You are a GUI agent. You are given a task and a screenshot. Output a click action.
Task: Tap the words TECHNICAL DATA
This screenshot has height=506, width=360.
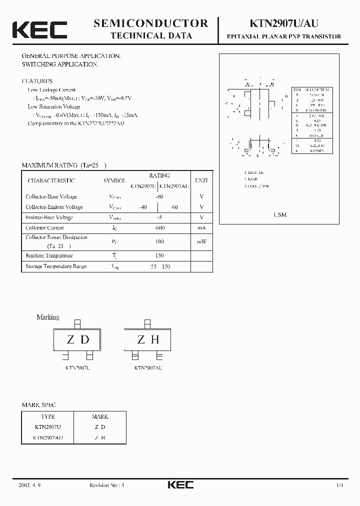click(150, 35)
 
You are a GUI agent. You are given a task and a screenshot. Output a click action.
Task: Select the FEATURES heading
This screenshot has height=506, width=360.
click(37, 81)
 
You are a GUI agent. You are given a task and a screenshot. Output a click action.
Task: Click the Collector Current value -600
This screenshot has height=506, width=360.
click(159, 227)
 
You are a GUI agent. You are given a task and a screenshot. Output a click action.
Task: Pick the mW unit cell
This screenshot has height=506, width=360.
click(201, 241)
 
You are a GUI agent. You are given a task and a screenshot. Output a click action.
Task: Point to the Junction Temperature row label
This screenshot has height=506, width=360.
click(49, 255)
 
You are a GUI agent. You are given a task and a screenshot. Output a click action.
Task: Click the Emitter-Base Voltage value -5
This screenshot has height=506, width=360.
click(159, 217)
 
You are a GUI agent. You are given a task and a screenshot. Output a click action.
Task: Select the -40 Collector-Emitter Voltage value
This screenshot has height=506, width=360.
click(143, 207)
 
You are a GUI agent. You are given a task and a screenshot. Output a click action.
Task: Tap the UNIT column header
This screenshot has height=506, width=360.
click(201, 180)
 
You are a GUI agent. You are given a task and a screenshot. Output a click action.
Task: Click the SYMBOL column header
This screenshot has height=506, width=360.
click(115, 180)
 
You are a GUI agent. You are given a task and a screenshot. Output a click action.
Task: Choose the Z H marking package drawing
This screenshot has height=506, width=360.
click(148, 340)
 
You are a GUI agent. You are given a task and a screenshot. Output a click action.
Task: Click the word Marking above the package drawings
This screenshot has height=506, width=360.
click(48, 317)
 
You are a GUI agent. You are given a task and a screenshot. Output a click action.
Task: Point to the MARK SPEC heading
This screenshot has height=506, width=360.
click(39, 404)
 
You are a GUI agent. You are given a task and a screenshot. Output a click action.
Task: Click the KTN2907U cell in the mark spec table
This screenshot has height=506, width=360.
click(48, 427)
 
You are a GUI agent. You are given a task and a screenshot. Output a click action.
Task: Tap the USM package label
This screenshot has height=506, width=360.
click(280, 214)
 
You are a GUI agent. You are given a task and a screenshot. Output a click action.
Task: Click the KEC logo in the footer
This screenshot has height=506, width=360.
click(180, 484)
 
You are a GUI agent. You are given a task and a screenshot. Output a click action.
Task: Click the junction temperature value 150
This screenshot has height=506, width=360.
click(159, 255)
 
